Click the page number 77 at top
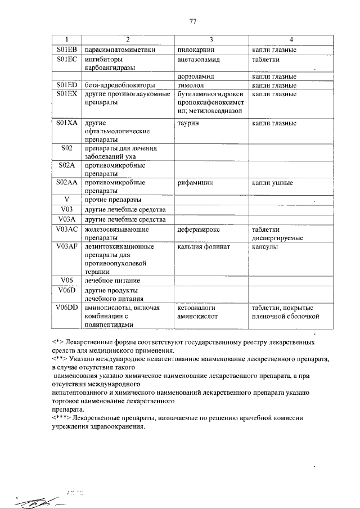coord(193,21)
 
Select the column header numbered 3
coord(211,39)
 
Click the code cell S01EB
coord(66,49)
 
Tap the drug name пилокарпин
coord(196,49)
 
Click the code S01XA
coord(66,122)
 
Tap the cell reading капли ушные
coord(272,183)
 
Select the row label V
coord(66,200)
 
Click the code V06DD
coord(66,308)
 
